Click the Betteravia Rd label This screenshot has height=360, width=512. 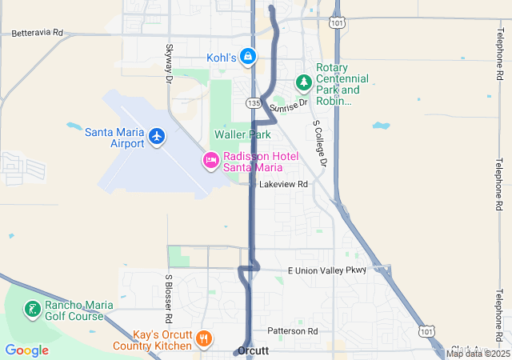tap(37, 34)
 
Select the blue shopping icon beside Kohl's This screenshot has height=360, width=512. tap(249, 57)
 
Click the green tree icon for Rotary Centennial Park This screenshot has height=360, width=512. tap(303, 82)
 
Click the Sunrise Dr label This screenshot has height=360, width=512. tap(288, 106)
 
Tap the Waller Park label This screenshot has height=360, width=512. tap(237, 135)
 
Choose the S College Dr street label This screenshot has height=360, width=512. tap(321, 144)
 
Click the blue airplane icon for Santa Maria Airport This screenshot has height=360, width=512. tap(157, 137)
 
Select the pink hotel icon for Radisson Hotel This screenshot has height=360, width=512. tap(210, 161)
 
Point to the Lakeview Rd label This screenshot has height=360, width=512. tap(283, 184)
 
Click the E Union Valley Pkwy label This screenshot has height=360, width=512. tap(326, 270)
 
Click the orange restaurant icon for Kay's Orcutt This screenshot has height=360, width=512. tap(204, 339)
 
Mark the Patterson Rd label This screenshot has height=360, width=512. tap(293, 330)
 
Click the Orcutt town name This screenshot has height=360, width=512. tap(253, 351)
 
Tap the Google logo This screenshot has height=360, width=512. tap(26, 350)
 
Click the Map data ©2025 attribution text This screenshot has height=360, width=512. tap(478, 354)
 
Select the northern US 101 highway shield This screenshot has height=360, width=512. tap(339, 24)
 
